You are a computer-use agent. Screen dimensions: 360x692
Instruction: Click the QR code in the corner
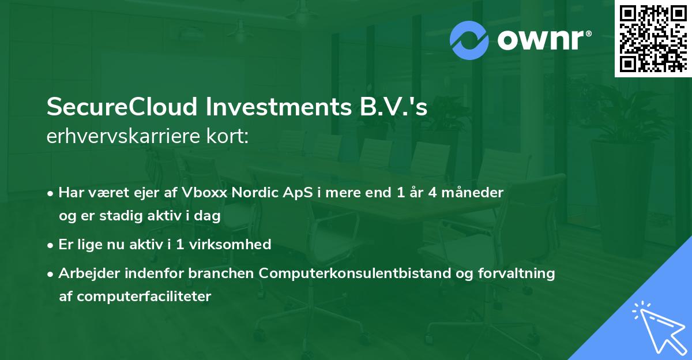click(653, 39)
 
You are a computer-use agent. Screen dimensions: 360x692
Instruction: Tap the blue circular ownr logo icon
click(470, 40)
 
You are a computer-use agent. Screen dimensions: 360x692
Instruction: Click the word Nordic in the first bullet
click(255, 193)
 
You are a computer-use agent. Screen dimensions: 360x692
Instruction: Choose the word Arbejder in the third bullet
click(86, 273)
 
